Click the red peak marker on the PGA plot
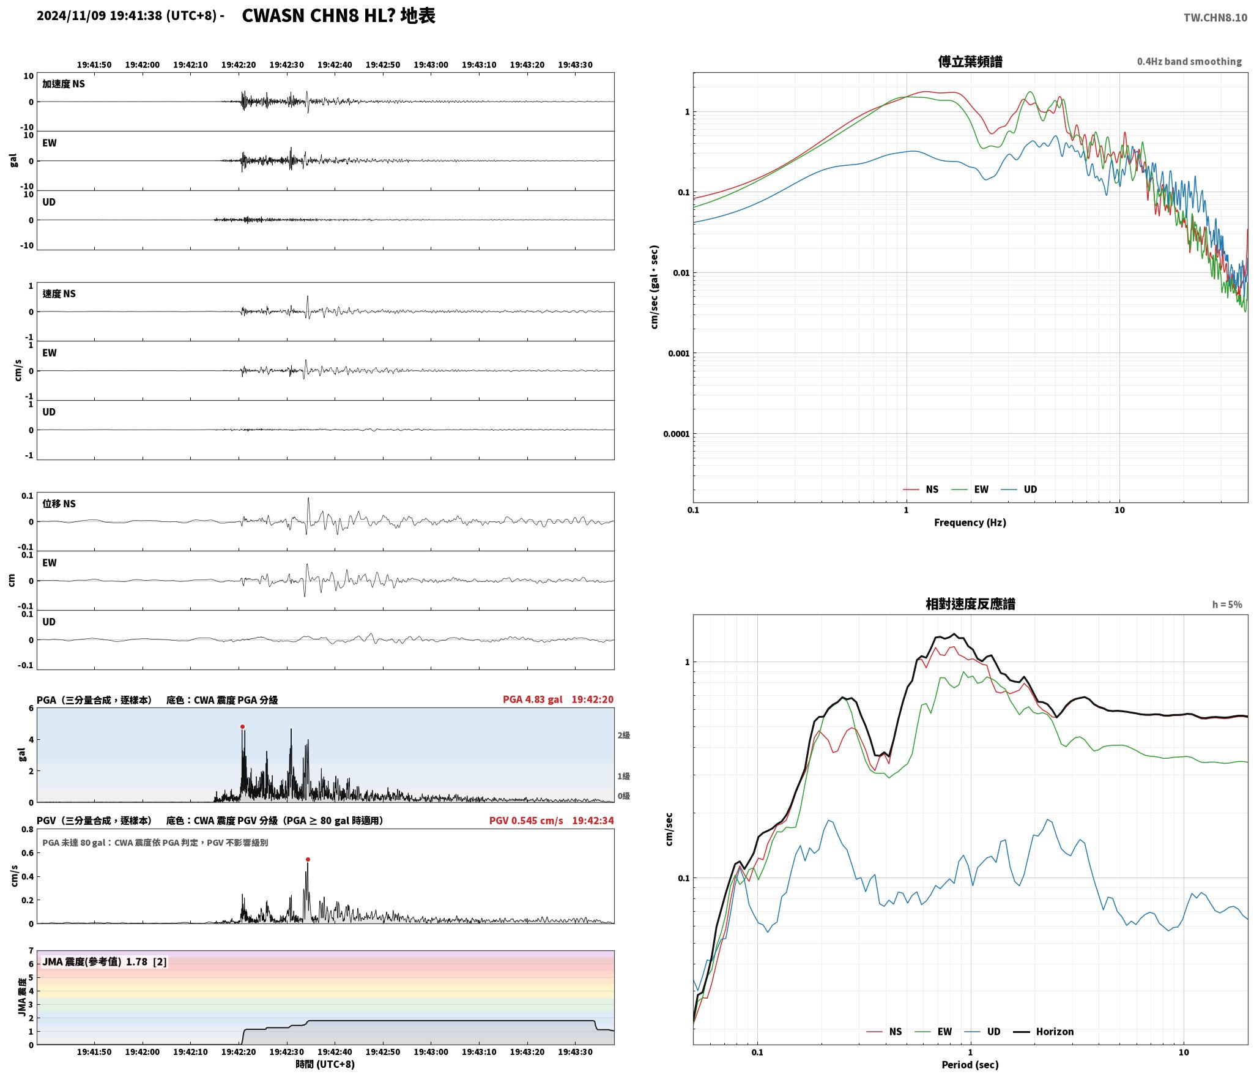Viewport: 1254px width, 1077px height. tap(242, 726)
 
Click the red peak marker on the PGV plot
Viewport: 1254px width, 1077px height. tap(308, 860)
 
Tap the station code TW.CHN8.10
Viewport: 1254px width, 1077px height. tap(1215, 17)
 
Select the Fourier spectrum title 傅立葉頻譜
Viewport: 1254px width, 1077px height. tap(970, 61)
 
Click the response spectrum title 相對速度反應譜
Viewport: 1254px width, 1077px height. tap(970, 604)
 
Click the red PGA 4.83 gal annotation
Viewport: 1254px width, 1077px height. tap(532, 699)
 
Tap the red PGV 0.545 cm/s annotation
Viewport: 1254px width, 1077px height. tap(526, 820)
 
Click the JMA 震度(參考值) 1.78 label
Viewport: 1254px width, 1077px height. tap(95, 961)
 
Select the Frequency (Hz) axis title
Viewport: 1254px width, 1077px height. tap(970, 522)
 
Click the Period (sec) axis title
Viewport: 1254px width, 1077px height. tap(970, 1065)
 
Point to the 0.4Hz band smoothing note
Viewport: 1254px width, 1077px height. tap(1189, 62)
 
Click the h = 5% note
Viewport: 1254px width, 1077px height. tap(1227, 605)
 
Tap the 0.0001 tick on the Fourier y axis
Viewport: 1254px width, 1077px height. tap(676, 434)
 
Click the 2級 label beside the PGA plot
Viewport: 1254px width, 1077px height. tap(623, 735)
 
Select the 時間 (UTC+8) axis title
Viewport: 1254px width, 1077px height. tap(325, 1064)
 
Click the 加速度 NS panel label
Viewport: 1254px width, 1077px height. tap(64, 84)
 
